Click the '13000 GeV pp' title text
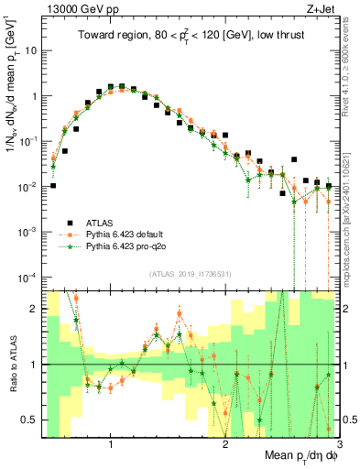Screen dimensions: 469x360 (76, 8)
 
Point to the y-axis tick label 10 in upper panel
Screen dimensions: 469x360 (30, 50)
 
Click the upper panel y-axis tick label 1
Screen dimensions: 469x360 (33, 96)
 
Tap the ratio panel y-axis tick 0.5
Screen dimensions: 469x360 (29, 420)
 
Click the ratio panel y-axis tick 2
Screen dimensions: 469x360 (33, 309)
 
